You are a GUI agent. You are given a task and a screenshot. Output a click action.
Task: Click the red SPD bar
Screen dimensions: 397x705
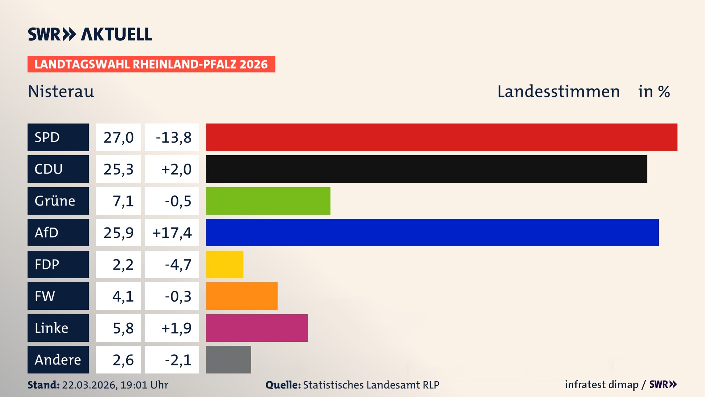pyautogui.click(x=441, y=137)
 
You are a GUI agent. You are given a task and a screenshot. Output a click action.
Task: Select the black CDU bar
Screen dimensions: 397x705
pyautogui.click(x=426, y=169)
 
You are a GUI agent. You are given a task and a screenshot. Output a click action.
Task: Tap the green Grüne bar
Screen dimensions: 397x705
pyautogui.click(x=268, y=201)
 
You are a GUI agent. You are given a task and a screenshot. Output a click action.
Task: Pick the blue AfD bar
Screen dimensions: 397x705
pyautogui.click(x=432, y=232)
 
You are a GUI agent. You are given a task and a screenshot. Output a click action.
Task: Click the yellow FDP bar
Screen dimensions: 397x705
pyautogui.click(x=224, y=264)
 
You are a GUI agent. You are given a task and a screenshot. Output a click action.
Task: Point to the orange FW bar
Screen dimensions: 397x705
pyautogui.click(x=242, y=296)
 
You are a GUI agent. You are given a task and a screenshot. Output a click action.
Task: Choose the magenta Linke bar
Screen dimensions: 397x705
pyautogui.click(x=257, y=328)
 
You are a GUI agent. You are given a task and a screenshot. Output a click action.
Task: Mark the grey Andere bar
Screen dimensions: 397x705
pyautogui.click(x=228, y=360)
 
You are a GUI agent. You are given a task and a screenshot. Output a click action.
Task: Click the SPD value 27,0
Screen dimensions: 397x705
pyautogui.click(x=118, y=137)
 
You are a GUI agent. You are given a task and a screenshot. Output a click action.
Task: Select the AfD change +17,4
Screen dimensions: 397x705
pyautogui.click(x=172, y=233)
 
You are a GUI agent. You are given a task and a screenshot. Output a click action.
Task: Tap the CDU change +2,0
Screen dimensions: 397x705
pyautogui.click(x=176, y=169)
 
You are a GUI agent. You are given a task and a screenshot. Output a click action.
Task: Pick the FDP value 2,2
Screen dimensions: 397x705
pyautogui.click(x=123, y=265)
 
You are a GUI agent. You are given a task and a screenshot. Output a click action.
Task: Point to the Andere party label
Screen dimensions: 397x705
pyautogui.click(x=58, y=360)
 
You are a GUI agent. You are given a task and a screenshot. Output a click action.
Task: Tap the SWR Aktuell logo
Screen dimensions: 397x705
pyautogui.click(x=90, y=34)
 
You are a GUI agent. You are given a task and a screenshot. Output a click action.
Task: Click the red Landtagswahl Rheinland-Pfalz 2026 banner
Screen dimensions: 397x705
pyautogui.click(x=151, y=64)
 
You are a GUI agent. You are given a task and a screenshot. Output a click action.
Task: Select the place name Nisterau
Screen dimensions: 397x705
pyautogui.click(x=61, y=92)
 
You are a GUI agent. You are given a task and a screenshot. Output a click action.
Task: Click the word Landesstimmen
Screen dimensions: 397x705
pyautogui.click(x=558, y=92)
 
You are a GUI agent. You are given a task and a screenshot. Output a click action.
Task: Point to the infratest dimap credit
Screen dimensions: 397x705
pyautogui.click(x=601, y=385)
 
